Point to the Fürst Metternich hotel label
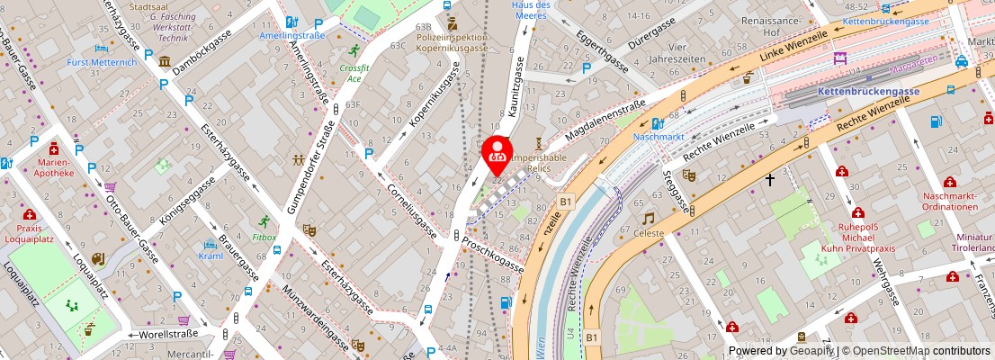tap(102, 62)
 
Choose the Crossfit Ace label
tap(354, 73)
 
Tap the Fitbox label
tap(264, 238)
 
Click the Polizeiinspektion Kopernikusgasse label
tap(452, 43)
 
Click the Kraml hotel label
tap(211, 256)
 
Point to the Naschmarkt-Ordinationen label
tap(949, 201)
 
